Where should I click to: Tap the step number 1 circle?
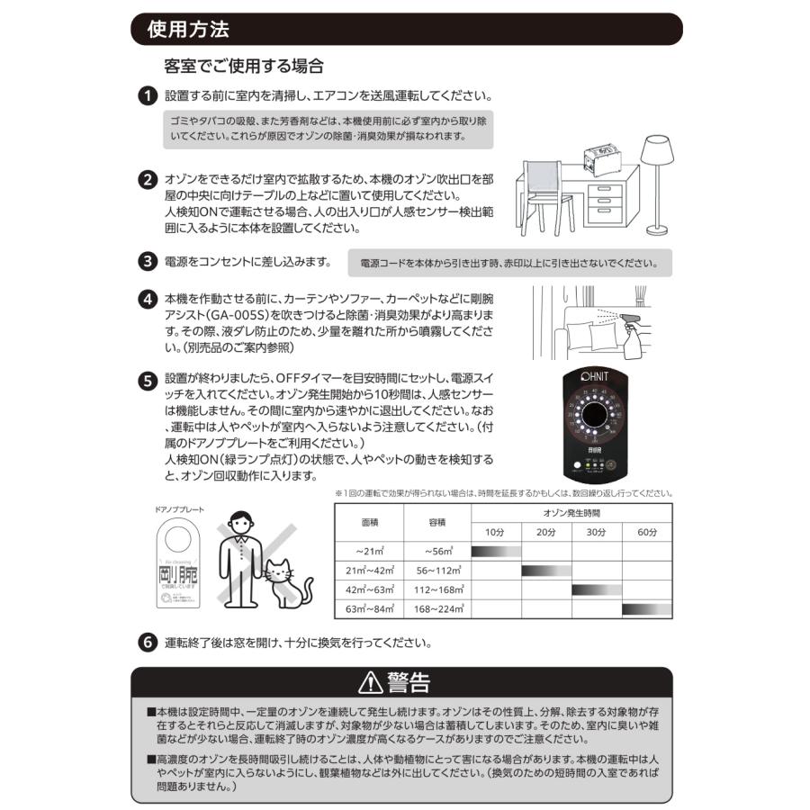point(147,96)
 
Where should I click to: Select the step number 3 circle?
point(147,262)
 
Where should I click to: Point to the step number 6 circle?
point(147,643)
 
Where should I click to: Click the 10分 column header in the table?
point(496,532)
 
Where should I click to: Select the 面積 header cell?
point(368,522)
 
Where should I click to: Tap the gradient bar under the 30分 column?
point(597,589)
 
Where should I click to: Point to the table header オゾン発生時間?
point(571,512)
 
